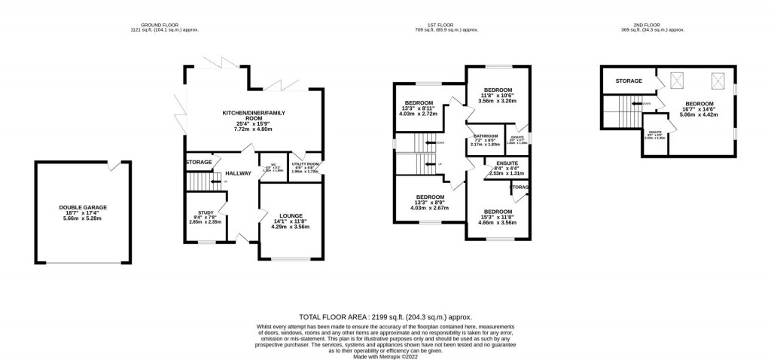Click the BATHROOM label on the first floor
click(x=485, y=136)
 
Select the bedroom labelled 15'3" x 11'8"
click(x=498, y=212)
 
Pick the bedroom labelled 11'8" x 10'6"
click(x=498, y=90)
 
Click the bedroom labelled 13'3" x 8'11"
click(x=419, y=102)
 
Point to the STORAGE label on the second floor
click(x=628, y=81)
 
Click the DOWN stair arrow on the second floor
click(x=646, y=103)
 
